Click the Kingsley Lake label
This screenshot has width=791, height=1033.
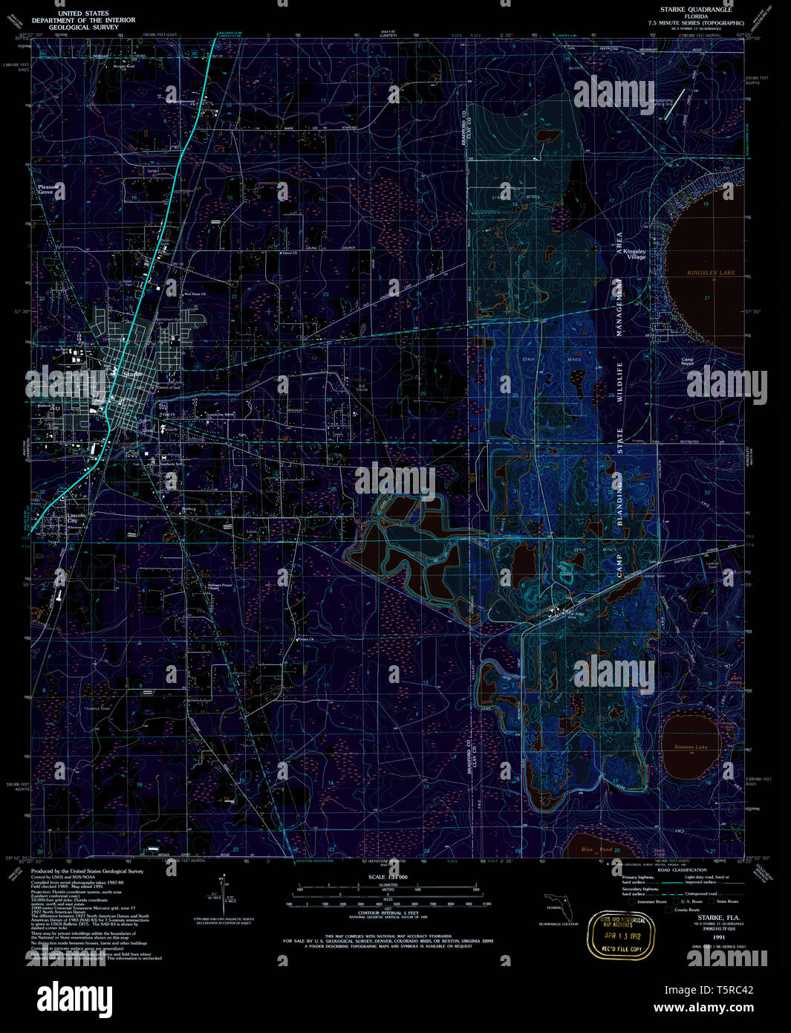click(x=711, y=273)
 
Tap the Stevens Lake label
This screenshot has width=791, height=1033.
click(x=691, y=747)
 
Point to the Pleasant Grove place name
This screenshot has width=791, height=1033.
click(x=46, y=190)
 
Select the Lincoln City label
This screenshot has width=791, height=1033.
click(x=77, y=517)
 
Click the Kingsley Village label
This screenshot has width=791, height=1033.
click(x=634, y=253)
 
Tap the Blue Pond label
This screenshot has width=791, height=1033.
click(x=596, y=849)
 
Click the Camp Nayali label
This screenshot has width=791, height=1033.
click(x=688, y=361)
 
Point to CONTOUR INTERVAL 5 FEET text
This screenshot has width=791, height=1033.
click(x=387, y=913)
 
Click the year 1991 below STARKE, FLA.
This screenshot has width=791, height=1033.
click(x=718, y=938)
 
